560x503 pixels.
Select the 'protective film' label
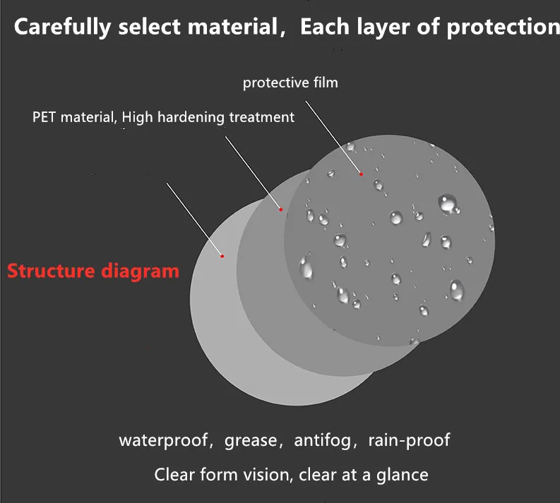[x=290, y=83]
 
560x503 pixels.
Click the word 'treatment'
[x=262, y=117]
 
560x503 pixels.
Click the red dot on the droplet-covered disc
[x=360, y=174]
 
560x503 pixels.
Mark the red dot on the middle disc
[x=280, y=209]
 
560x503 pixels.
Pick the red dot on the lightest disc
[x=222, y=255]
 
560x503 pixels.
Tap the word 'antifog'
[x=322, y=441]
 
